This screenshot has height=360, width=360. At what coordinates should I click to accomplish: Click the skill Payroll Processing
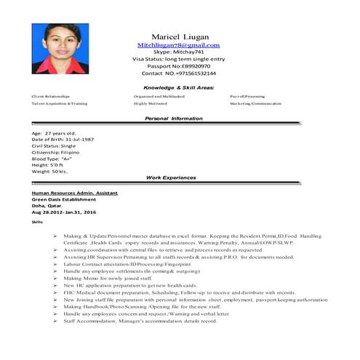pos(247,97)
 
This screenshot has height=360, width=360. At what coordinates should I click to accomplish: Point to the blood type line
pos(52,159)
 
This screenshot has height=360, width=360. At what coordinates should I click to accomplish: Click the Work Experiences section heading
pos(171,177)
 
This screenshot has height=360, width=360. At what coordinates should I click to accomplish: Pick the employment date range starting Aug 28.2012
pos(64,212)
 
